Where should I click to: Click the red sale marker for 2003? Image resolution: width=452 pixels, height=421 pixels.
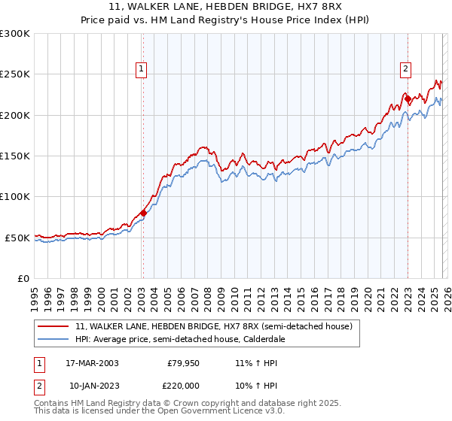143,213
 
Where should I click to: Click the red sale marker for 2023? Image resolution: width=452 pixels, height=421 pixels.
407,98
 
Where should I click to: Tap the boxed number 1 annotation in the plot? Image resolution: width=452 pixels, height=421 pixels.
142,69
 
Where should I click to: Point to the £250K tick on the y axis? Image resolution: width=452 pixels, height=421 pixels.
15,74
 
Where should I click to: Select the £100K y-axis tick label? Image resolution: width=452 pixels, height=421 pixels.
15,196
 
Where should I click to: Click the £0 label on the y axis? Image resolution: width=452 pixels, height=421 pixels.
22,278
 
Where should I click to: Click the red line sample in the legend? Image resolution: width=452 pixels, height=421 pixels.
53,327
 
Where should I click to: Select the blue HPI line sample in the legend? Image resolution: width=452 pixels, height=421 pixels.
53,339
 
